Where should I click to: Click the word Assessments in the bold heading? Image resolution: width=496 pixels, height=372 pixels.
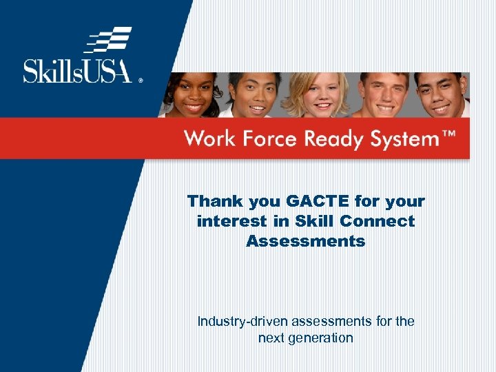pos(306,241)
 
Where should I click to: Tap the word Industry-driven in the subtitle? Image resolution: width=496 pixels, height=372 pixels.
pos(242,321)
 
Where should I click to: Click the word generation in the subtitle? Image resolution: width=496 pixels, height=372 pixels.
pos(322,338)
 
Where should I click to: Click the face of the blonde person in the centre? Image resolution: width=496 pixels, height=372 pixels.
pos(317,96)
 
